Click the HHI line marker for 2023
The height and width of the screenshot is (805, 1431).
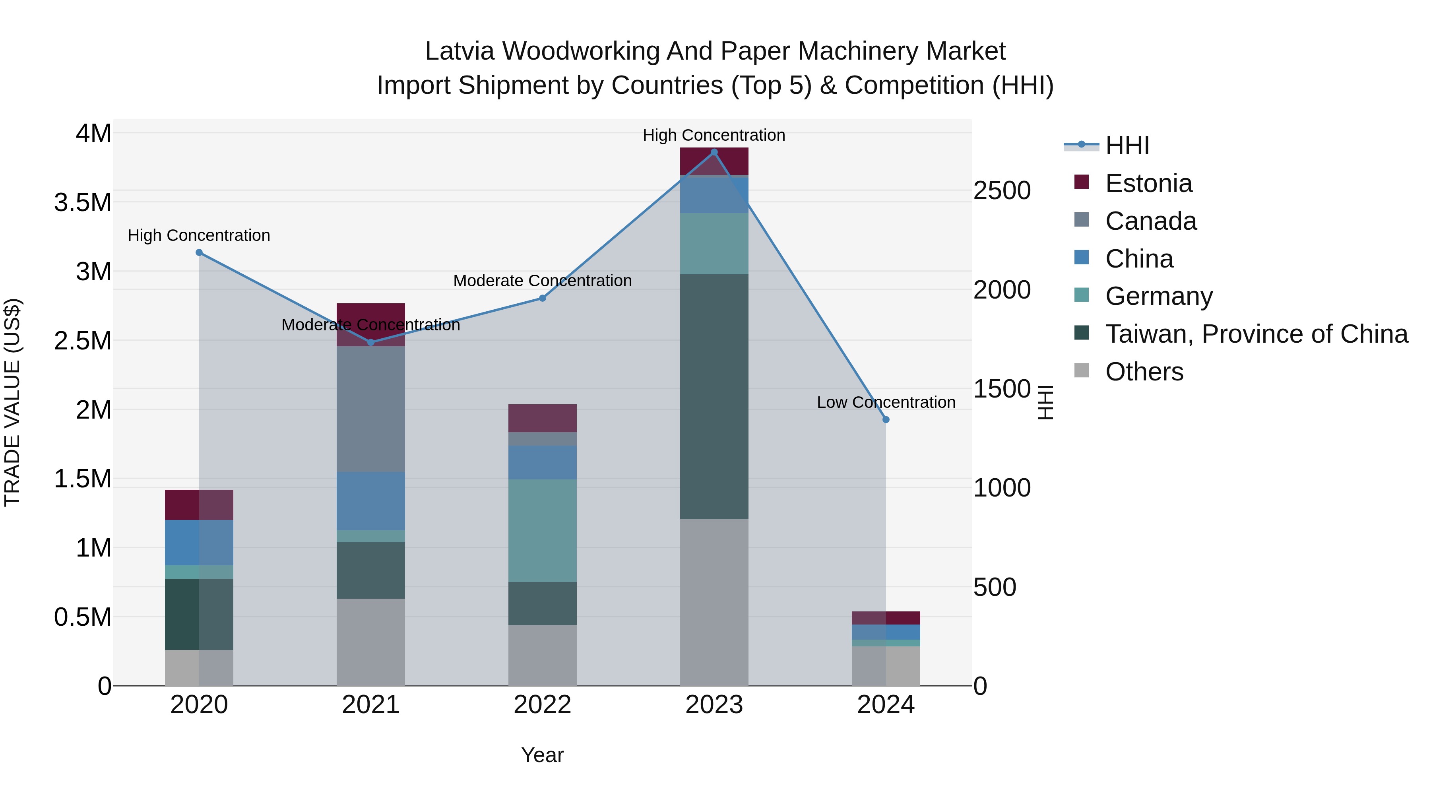point(714,152)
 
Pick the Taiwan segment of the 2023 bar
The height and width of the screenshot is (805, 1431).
point(714,397)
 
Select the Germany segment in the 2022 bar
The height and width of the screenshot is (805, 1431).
point(543,531)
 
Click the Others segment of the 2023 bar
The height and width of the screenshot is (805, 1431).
point(714,602)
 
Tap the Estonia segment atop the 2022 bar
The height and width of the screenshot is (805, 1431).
point(543,418)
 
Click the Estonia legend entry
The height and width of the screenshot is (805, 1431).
point(1148,183)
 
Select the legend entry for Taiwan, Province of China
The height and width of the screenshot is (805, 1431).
point(1256,334)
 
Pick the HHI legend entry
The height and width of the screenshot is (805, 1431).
point(1127,145)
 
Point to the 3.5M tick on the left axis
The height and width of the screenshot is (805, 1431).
point(83,203)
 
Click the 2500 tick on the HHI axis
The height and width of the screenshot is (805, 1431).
point(1002,190)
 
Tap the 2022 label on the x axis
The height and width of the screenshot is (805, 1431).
point(543,705)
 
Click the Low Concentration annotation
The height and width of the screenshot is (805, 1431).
point(886,402)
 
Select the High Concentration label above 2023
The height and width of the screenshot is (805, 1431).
point(714,135)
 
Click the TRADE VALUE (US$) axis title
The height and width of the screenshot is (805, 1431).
point(13,402)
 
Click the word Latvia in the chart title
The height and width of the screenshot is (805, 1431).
point(460,51)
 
